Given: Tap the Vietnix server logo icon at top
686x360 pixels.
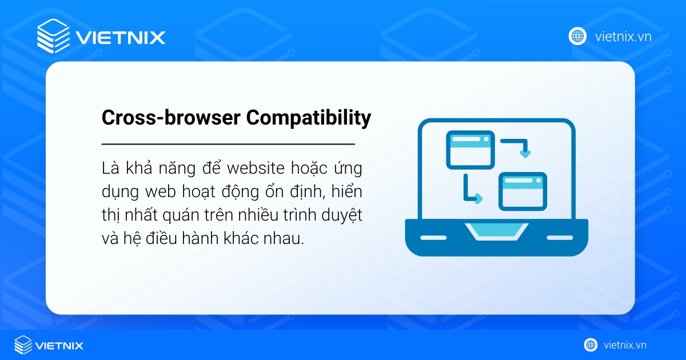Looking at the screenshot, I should point(53,37).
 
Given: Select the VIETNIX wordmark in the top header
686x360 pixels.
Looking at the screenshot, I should point(120,38).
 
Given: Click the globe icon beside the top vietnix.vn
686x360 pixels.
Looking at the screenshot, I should point(577,37).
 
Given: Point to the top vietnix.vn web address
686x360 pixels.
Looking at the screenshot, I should point(623,37).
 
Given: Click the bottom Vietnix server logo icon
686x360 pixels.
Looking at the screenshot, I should point(23,345).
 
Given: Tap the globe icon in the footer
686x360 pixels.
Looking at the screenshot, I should point(591,345).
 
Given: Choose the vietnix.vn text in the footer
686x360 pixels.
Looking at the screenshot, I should point(625,345).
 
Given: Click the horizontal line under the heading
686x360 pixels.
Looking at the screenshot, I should point(228,144).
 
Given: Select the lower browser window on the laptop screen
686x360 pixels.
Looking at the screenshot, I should point(523,191).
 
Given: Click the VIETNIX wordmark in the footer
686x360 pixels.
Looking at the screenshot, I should point(59,345).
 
